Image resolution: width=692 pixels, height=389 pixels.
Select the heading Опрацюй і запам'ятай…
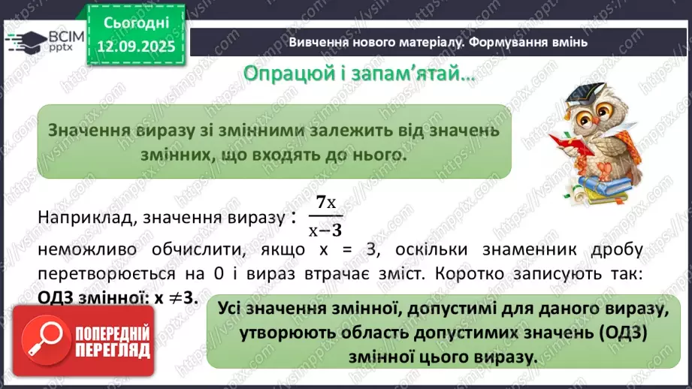pos(359,74)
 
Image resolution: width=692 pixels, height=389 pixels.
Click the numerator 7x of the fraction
pos(325,202)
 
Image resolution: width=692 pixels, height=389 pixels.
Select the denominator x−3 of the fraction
pos(325,231)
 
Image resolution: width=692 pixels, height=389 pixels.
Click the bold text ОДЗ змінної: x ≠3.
pos(116,297)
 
